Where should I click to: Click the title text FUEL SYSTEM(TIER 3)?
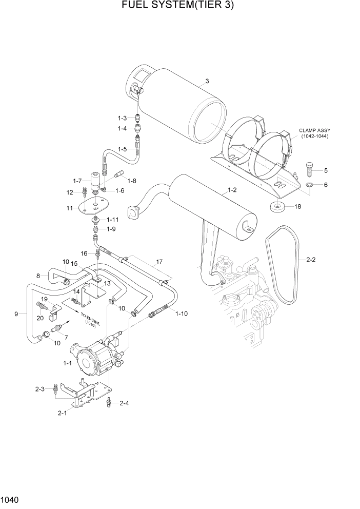tap(179, 6)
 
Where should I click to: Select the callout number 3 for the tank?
tap(207, 81)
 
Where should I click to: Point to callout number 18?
tap(296, 206)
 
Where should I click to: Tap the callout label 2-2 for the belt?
tap(311, 260)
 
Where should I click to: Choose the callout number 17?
tap(159, 262)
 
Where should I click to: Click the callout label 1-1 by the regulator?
tap(67, 363)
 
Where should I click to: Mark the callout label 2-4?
tap(124, 403)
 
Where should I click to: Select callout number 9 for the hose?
tap(16, 314)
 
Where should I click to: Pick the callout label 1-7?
tap(77, 181)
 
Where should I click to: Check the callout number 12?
tap(70, 192)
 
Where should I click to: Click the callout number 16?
tap(84, 253)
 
